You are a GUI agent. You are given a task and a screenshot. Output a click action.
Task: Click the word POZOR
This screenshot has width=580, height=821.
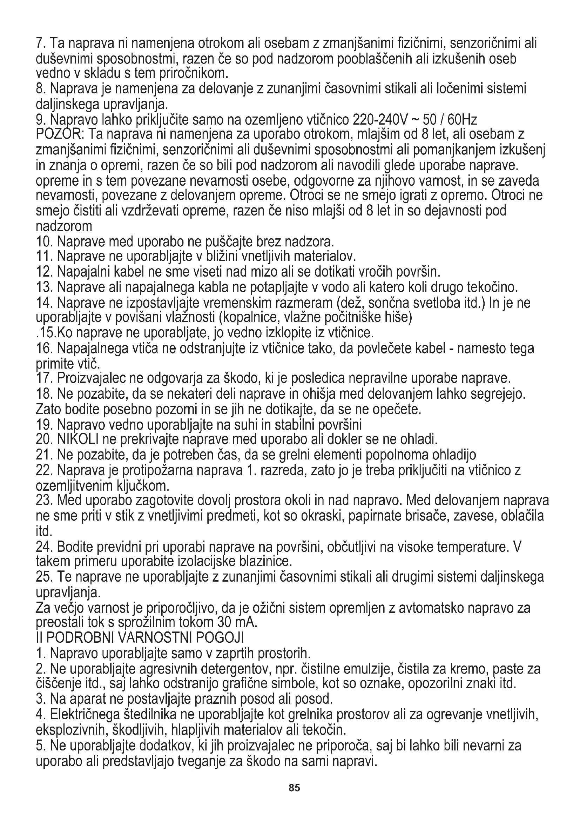(x=59, y=135)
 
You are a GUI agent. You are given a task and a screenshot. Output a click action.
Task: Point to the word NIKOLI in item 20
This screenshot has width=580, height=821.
(x=79, y=438)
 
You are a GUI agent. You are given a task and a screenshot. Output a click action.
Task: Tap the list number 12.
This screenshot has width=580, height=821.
(x=44, y=272)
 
